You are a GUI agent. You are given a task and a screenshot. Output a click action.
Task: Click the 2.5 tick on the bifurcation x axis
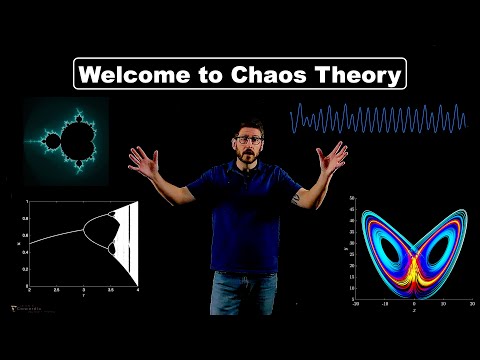click(x=56, y=287)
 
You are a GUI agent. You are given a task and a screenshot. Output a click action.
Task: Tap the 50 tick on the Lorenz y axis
click(x=352, y=200)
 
